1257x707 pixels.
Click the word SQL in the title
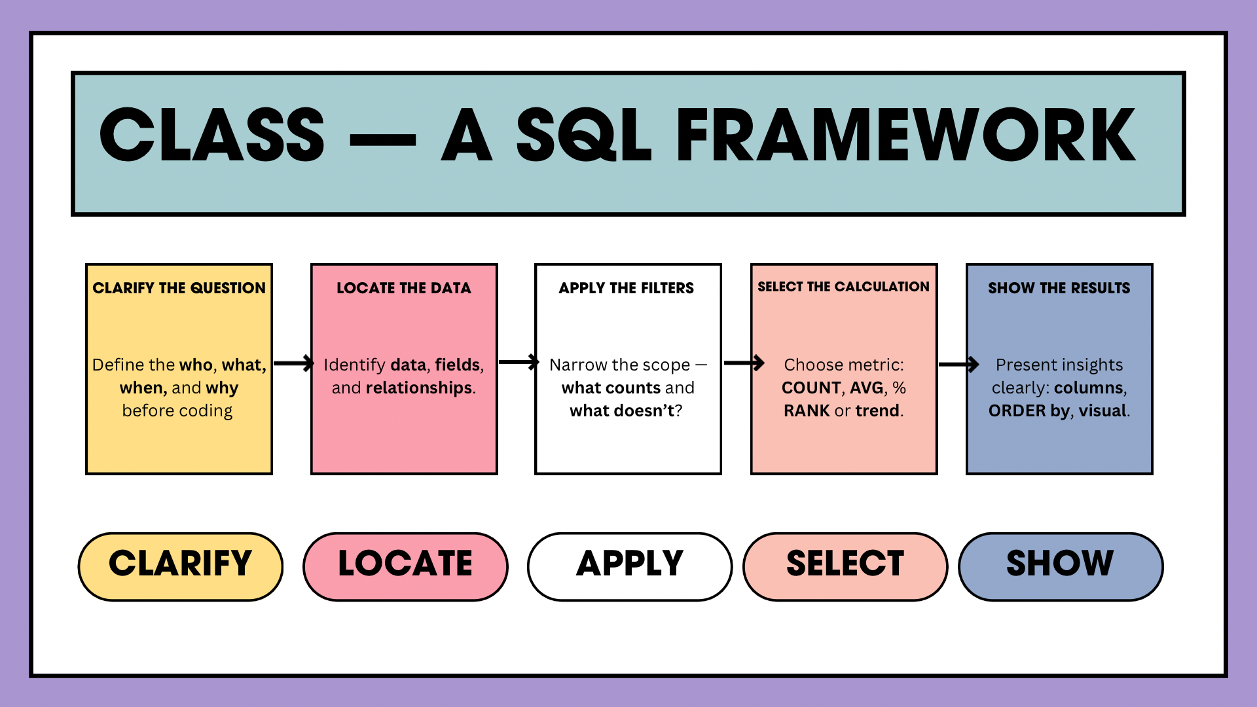[583, 136]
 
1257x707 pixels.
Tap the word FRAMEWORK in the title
[906, 136]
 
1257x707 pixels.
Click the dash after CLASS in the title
[383, 139]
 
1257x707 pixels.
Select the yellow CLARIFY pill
[180, 566]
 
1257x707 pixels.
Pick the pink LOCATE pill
[405, 566]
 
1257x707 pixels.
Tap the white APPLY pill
[629, 566]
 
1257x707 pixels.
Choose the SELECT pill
[845, 566]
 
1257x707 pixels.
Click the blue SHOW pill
[1060, 566]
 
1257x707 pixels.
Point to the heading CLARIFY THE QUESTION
[179, 288]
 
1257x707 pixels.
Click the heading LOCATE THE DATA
[404, 288]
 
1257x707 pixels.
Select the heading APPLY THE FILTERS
[627, 288]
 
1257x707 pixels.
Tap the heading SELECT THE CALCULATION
[843, 287]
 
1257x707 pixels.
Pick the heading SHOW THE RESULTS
[1059, 288]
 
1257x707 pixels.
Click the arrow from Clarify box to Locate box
[293, 363]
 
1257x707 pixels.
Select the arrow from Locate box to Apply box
[519, 362]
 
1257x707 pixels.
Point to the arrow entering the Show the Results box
[958, 365]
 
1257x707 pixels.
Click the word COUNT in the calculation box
[811, 388]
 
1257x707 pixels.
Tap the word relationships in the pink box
[419, 388]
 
